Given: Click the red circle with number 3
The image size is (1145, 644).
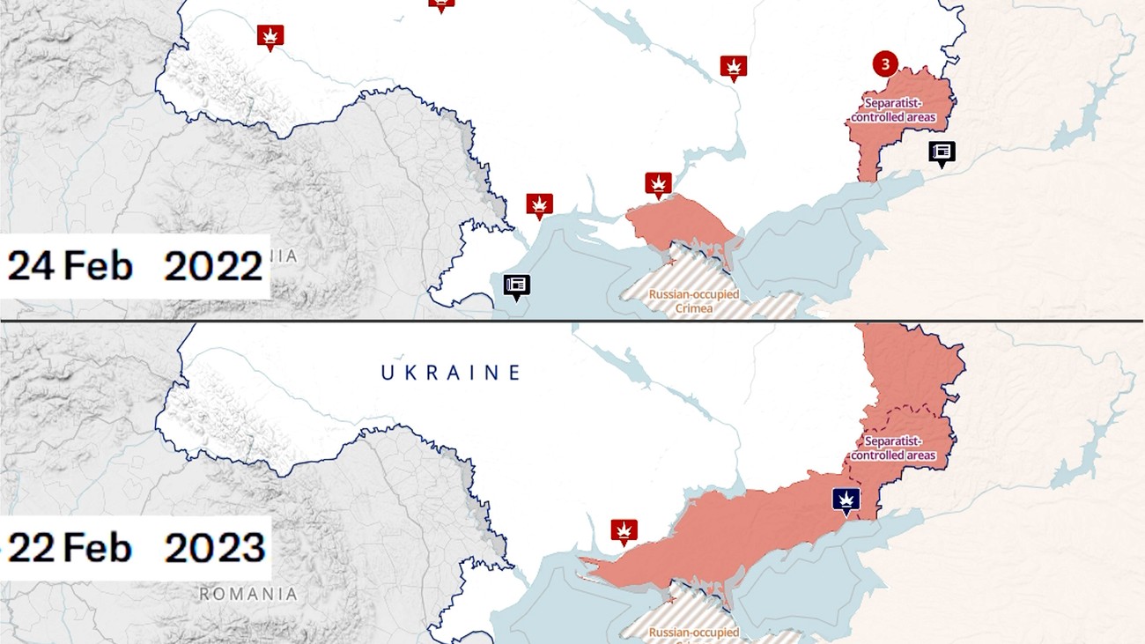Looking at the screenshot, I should tap(885, 63).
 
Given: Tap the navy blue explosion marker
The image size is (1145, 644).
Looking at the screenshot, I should tap(846, 500).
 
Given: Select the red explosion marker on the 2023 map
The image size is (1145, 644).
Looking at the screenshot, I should tap(624, 530).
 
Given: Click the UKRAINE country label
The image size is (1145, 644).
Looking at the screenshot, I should tap(451, 373).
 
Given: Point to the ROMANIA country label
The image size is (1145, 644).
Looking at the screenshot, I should tap(247, 594).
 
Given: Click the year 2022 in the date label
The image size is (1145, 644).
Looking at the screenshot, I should tap(214, 266).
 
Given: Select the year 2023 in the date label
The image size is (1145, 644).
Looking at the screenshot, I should tap(215, 548).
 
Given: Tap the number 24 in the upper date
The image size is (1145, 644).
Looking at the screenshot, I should tap(32, 266).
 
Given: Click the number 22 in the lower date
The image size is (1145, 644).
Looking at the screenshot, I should tap(32, 548).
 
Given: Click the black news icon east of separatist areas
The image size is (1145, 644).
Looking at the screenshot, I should tap(942, 152).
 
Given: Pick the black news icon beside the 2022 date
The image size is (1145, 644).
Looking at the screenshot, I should tap(516, 285).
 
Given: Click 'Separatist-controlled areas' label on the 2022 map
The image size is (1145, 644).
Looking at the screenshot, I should tap(892, 110).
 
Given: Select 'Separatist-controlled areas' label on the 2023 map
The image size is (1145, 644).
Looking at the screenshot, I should tap(892, 448).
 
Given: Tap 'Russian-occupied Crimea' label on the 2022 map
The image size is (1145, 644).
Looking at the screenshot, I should tap(693, 300).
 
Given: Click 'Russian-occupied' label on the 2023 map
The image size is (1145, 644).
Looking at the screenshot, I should tap(693, 632).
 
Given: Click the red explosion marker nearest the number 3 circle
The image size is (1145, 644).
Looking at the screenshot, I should tap(734, 66).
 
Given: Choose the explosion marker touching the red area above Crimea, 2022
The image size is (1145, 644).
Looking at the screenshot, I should tap(658, 183).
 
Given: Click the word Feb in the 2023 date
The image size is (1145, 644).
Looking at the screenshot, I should tap(97, 548).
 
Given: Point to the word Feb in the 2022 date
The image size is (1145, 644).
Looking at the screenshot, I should tap(97, 266).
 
